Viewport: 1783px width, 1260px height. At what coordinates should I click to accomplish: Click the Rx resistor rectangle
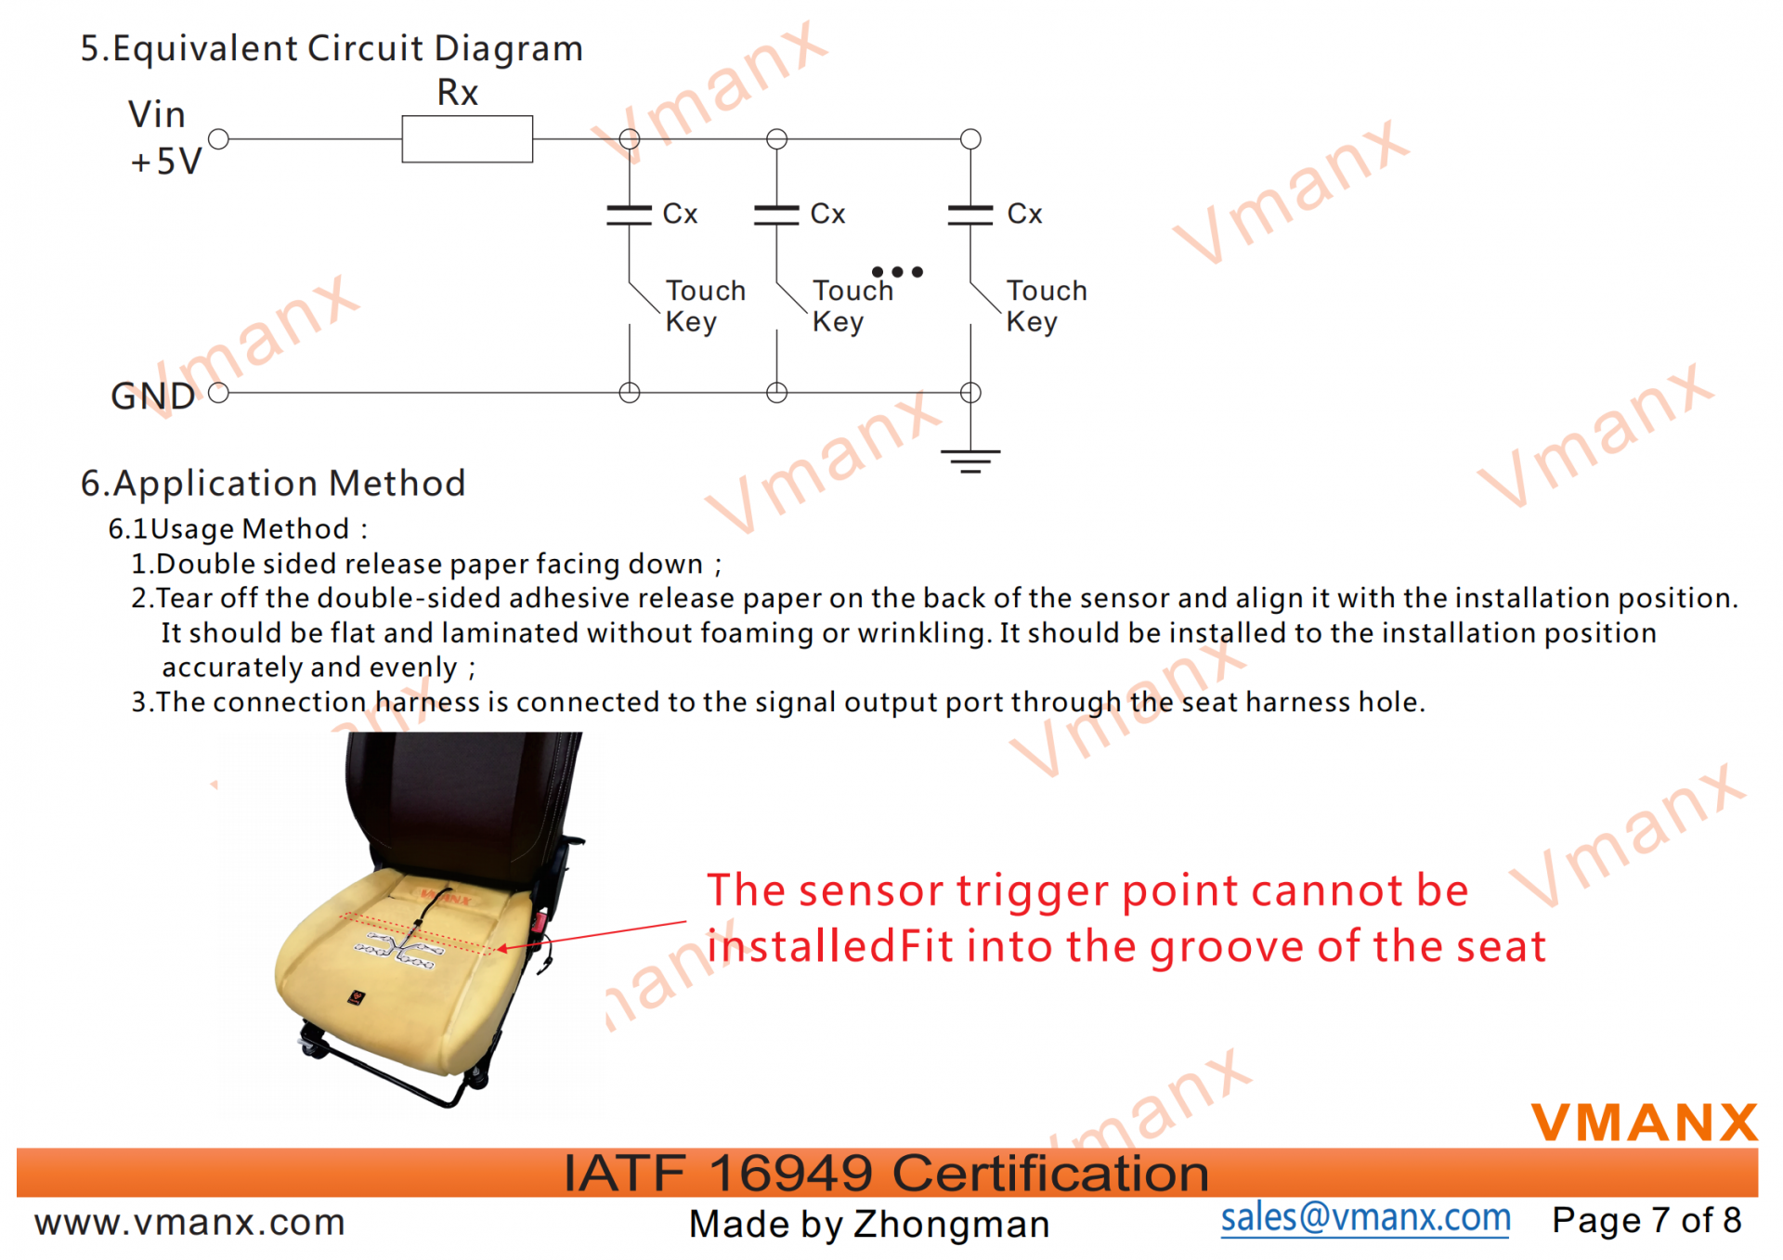(x=467, y=139)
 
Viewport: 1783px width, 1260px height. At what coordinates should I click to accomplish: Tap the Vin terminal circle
(x=218, y=139)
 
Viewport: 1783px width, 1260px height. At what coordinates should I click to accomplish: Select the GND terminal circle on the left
(x=218, y=393)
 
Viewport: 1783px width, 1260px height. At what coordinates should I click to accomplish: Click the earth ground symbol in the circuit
(x=970, y=461)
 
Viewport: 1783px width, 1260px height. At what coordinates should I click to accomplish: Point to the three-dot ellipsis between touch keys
(x=897, y=272)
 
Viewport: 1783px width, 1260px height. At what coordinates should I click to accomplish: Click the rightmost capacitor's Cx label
(x=1024, y=214)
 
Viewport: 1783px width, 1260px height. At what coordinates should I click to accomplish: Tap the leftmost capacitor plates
(x=629, y=214)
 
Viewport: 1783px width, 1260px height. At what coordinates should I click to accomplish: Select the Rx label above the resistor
(x=457, y=92)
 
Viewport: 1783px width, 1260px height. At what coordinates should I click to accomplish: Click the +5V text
(x=166, y=162)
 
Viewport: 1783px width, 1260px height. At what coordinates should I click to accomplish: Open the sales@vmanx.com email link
(x=1365, y=1217)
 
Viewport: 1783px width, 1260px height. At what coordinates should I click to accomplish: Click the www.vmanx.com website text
(x=189, y=1222)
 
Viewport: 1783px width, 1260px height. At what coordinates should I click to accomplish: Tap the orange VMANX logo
(x=1645, y=1122)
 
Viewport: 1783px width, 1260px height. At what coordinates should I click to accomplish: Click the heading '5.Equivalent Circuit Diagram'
(x=332, y=48)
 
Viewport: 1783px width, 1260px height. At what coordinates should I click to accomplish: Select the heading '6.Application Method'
(x=273, y=484)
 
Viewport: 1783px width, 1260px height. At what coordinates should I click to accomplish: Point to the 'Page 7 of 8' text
(x=1646, y=1220)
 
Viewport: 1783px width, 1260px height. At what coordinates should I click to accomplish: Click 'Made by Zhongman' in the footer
(x=869, y=1224)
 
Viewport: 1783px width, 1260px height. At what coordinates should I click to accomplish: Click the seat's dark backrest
(x=460, y=803)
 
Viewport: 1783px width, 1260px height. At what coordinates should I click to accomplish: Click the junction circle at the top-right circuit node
(x=970, y=139)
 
